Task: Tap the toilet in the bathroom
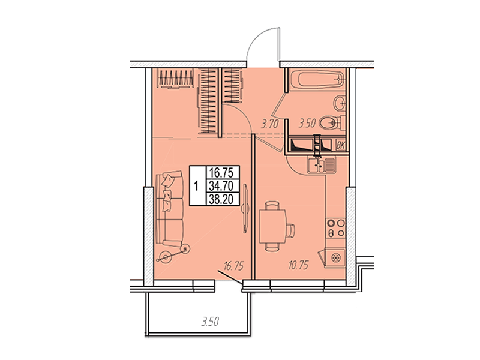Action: [x=332, y=123]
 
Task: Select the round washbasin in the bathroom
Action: [x=339, y=103]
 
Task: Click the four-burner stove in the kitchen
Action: [x=335, y=228]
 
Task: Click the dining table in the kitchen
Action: [x=272, y=226]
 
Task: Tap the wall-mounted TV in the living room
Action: [x=245, y=208]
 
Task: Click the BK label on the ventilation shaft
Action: [x=340, y=145]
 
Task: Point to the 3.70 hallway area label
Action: [x=269, y=124]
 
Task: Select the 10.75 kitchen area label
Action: [x=298, y=265]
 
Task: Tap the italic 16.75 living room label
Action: [x=233, y=266]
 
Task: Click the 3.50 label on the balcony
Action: [x=211, y=322]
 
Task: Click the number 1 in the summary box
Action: [x=197, y=186]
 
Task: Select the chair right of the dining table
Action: [x=290, y=230]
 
